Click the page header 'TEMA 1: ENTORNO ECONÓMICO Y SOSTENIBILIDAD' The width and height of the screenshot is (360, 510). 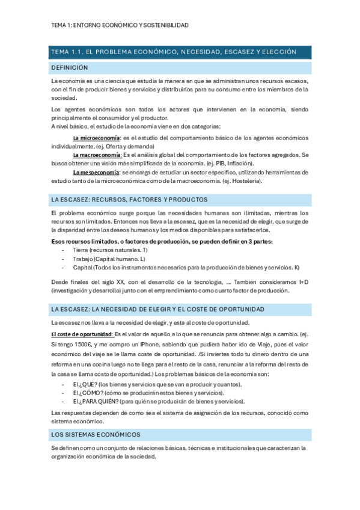(x=120, y=25)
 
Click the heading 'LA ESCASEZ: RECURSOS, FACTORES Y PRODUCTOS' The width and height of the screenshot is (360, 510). (x=129, y=199)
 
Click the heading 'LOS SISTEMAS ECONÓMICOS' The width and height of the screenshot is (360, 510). (x=96, y=434)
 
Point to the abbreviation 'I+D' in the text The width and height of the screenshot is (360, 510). (x=302, y=282)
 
